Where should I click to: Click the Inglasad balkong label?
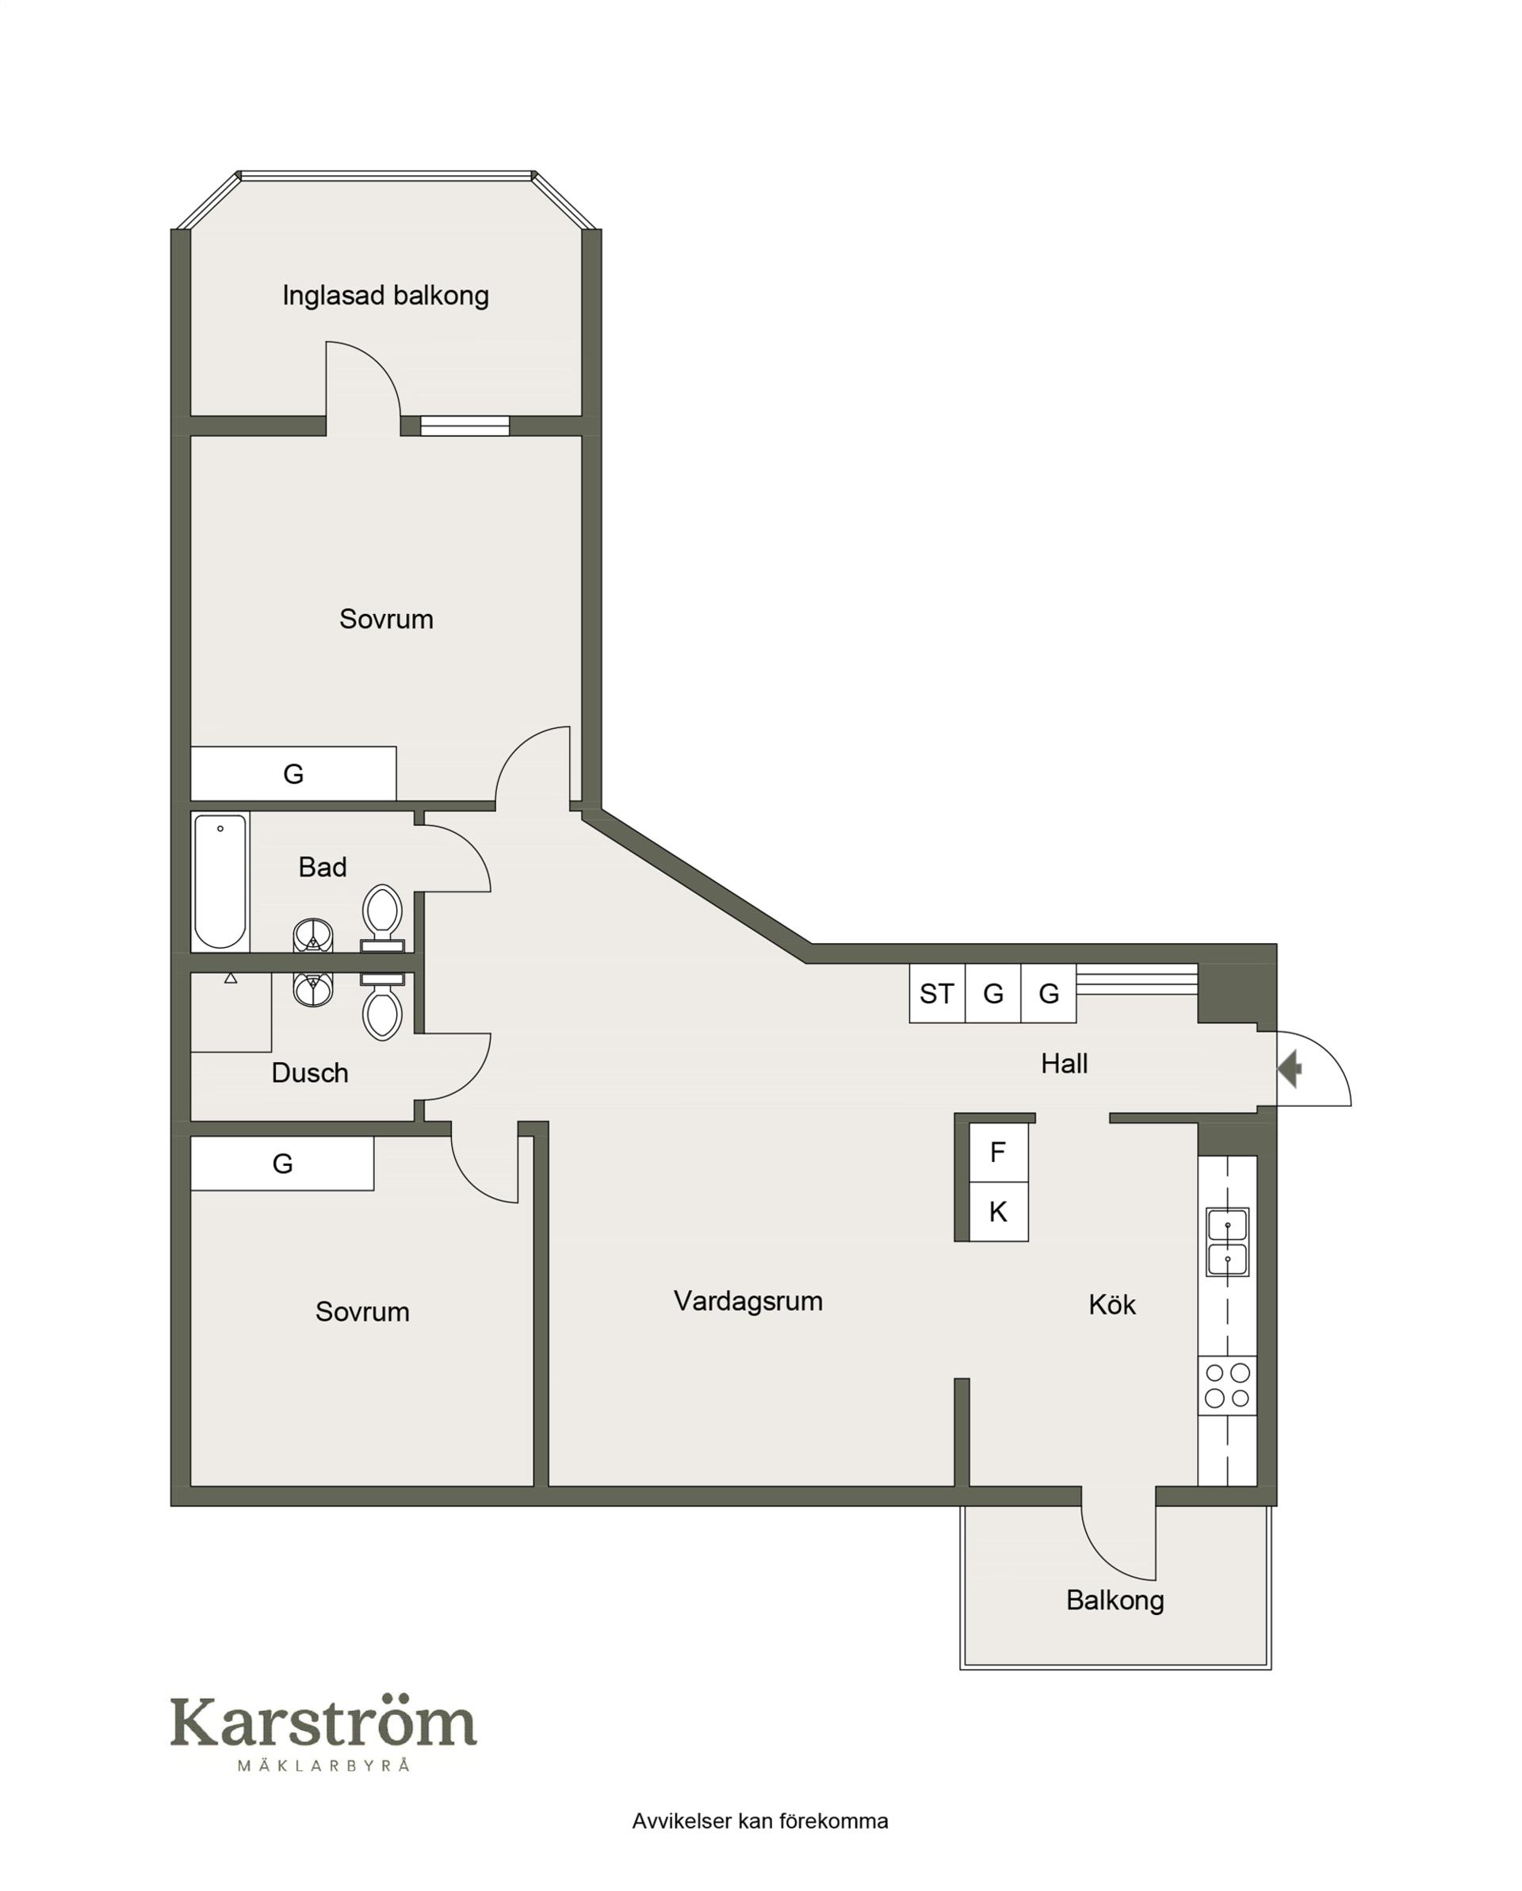tap(386, 297)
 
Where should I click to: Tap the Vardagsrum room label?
tap(748, 1301)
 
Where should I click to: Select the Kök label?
tap(1111, 1304)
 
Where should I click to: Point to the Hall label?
tap(1065, 1063)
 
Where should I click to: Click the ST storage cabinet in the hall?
tap(937, 994)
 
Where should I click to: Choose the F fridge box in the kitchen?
tap(999, 1153)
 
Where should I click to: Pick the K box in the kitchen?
tap(999, 1212)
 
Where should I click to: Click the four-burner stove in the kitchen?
tap(1227, 1386)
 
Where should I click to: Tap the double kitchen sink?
tap(1227, 1242)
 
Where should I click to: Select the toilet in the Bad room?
tap(382, 919)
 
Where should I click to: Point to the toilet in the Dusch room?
tap(382, 1007)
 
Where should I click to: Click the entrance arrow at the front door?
tap(1289, 1069)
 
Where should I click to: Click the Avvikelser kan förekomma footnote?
tap(760, 1821)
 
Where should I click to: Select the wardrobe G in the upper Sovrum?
tap(294, 773)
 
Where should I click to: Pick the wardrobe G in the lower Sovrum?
tap(282, 1164)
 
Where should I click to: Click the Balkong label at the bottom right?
tap(1115, 1600)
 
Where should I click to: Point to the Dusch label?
tap(309, 1072)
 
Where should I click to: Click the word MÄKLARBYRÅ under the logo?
tap(323, 1766)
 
